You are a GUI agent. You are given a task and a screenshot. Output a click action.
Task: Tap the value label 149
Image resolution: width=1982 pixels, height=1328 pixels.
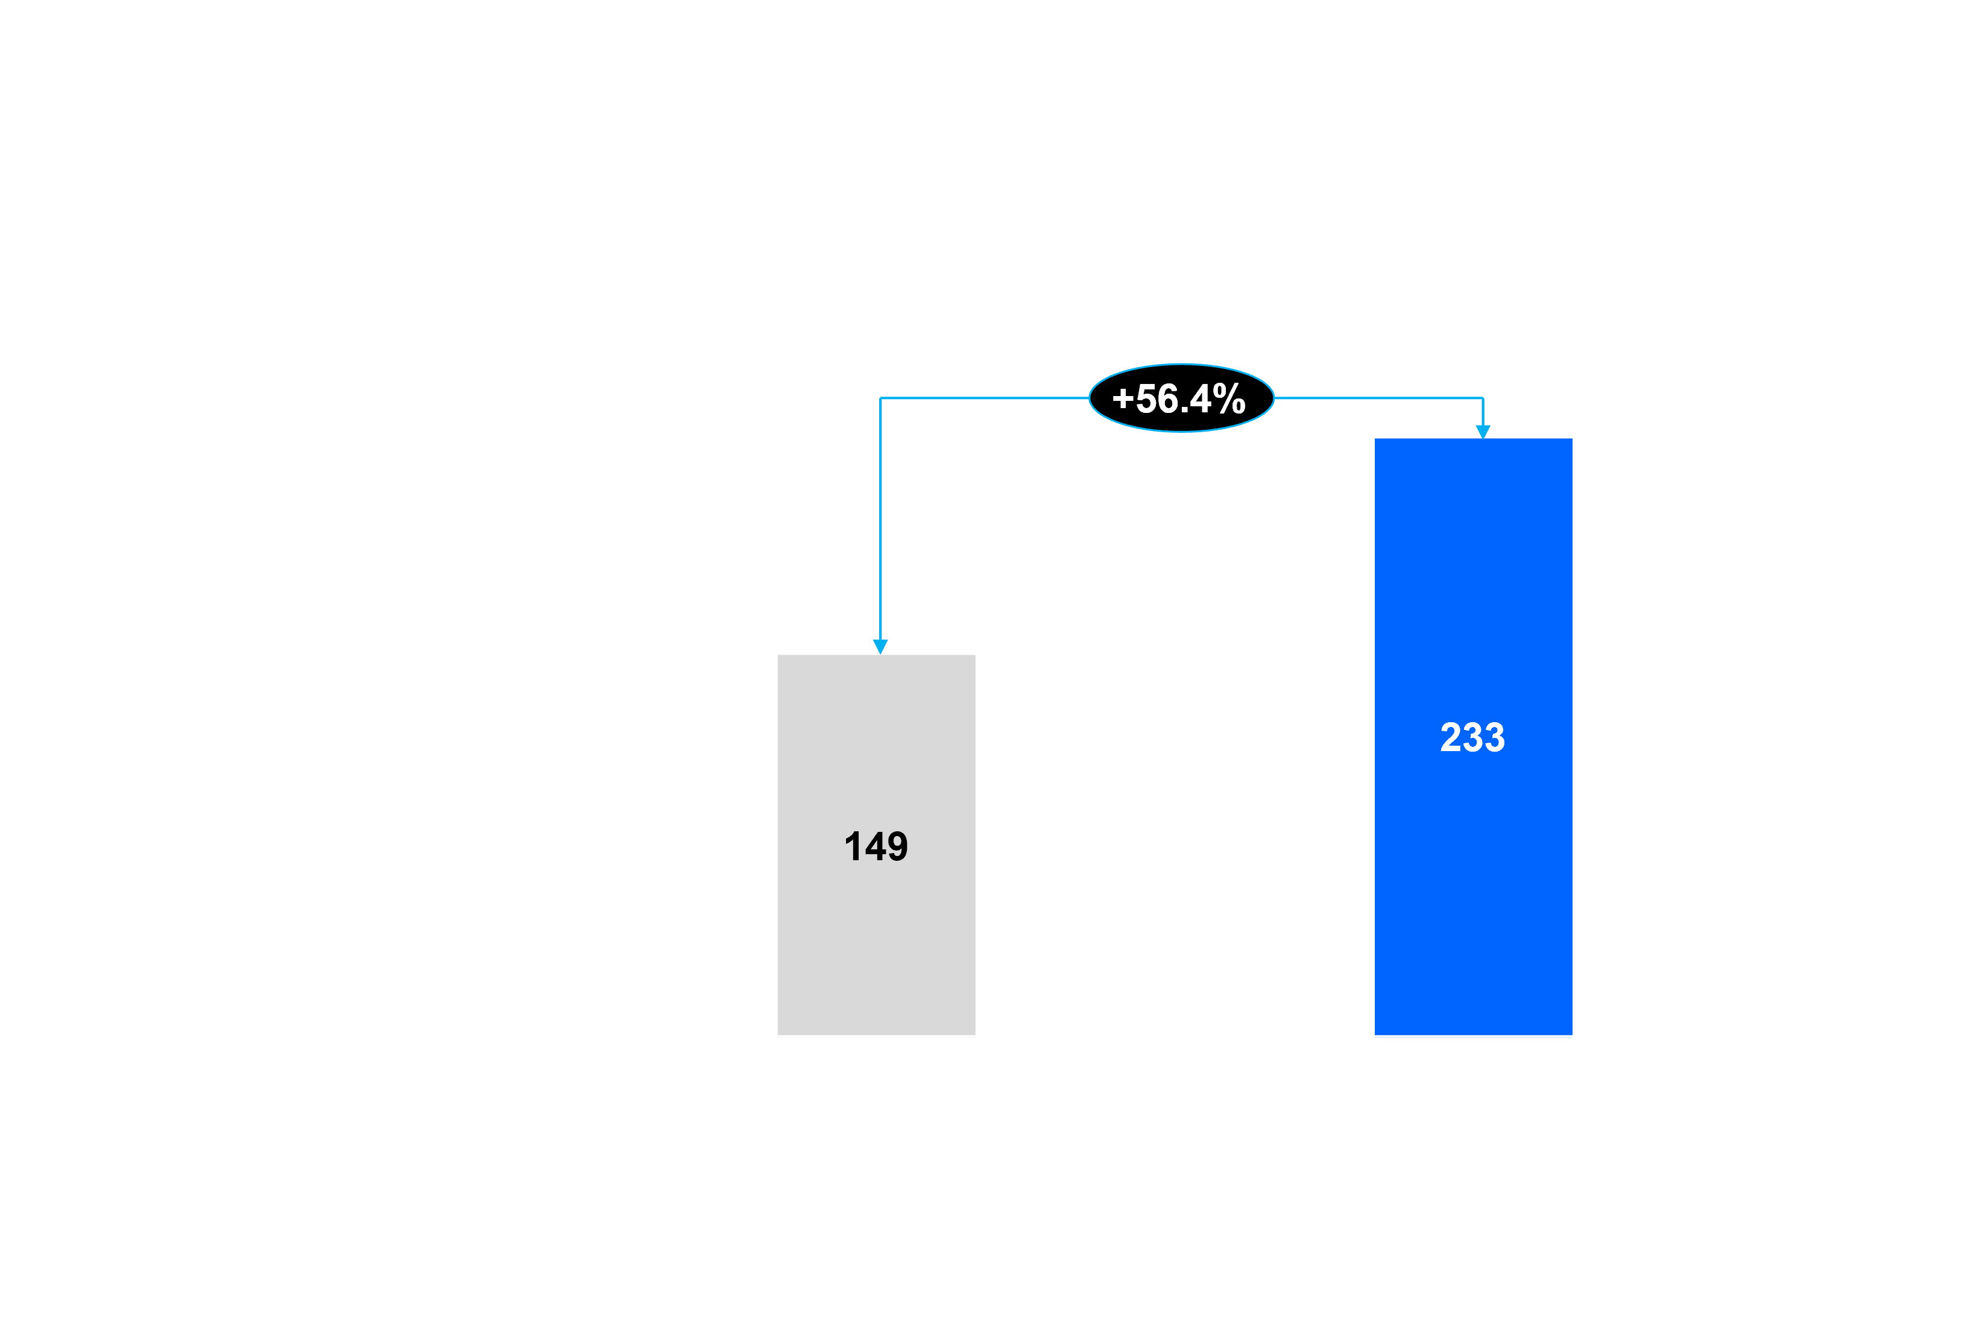[876, 847]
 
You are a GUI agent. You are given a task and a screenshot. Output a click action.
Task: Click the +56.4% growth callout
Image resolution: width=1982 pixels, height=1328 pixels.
[1180, 398]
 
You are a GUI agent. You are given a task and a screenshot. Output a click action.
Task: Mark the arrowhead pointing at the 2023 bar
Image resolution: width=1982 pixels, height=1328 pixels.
[880, 647]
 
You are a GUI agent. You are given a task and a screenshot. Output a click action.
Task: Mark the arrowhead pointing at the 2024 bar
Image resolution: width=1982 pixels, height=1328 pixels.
[1482, 432]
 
